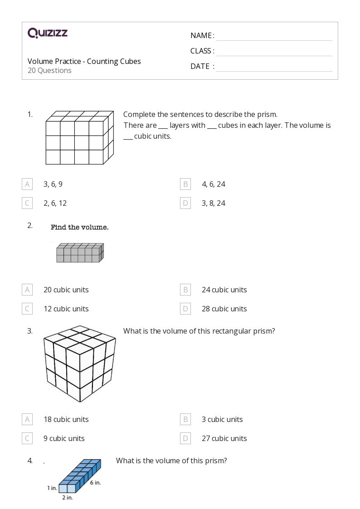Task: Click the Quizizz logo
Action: (x=48, y=33)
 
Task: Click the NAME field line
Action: (x=274, y=36)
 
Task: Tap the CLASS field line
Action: (x=274, y=52)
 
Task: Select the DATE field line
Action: (x=274, y=67)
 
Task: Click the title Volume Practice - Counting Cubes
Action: (x=84, y=61)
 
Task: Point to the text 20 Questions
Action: (x=49, y=70)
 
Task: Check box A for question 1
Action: (x=27, y=184)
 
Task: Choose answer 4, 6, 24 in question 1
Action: (x=213, y=184)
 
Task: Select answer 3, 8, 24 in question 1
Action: (x=213, y=203)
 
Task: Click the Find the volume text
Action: (x=79, y=227)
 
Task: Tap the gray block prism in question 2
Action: (x=80, y=253)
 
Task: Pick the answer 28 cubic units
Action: (x=224, y=309)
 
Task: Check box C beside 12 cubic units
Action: (x=27, y=309)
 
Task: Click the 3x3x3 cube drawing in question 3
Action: (x=80, y=364)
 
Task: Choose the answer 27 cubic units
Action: (x=224, y=438)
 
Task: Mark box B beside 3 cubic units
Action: (x=185, y=419)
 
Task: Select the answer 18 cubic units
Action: (x=66, y=419)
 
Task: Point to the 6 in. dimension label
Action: (x=95, y=483)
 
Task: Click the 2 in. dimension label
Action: (x=67, y=498)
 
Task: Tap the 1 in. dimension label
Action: (x=52, y=488)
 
